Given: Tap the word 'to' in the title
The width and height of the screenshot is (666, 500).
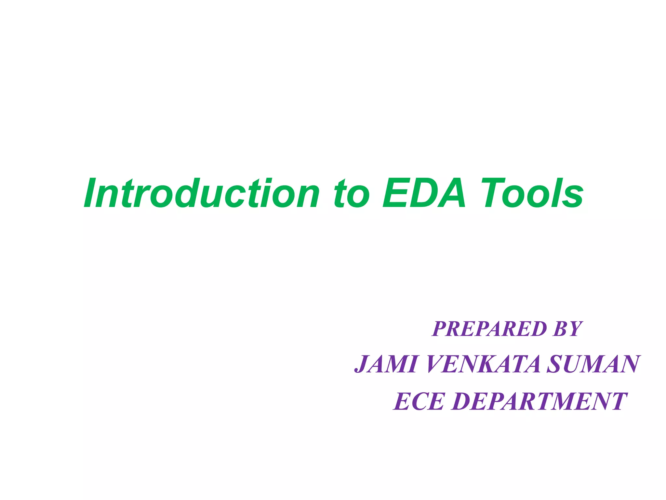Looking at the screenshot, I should click(x=352, y=194).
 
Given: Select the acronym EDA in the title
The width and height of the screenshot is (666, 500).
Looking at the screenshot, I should click(x=424, y=193).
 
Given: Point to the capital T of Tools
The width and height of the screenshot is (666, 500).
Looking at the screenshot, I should click(x=493, y=193).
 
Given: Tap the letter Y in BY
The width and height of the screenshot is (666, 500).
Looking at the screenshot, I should click(x=574, y=329).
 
